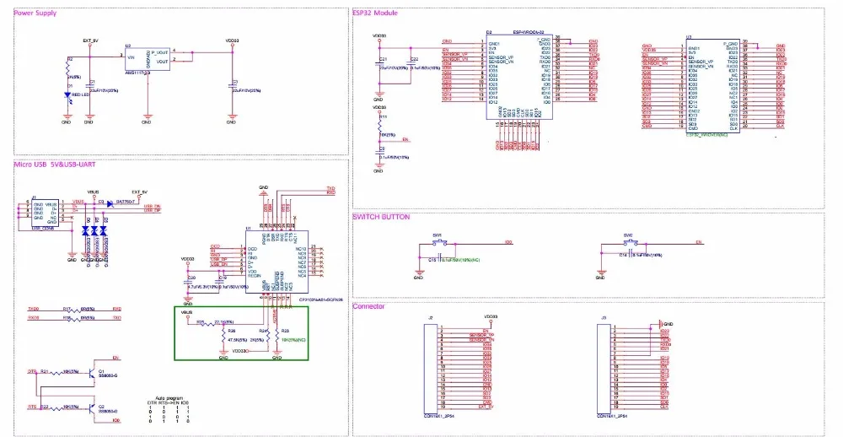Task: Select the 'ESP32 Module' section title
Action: pyautogui.click(x=375, y=13)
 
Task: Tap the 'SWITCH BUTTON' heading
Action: pyautogui.click(x=380, y=217)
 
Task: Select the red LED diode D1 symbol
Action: pyautogui.click(x=68, y=95)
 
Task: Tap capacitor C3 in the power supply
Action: pyautogui.click(x=231, y=89)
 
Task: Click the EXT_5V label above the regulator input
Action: pyautogui.click(x=91, y=40)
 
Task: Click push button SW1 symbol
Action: pyautogui.click(x=438, y=244)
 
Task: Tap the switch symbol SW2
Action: pyautogui.click(x=629, y=243)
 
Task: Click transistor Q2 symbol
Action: pyautogui.click(x=90, y=407)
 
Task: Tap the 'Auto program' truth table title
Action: pyautogui.click(x=165, y=397)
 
